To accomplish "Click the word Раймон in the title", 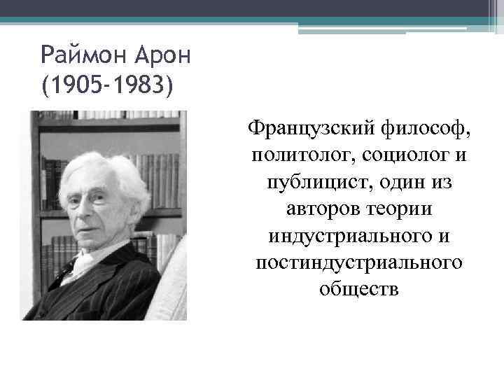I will point(78,53).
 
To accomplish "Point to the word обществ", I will point(360,288).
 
